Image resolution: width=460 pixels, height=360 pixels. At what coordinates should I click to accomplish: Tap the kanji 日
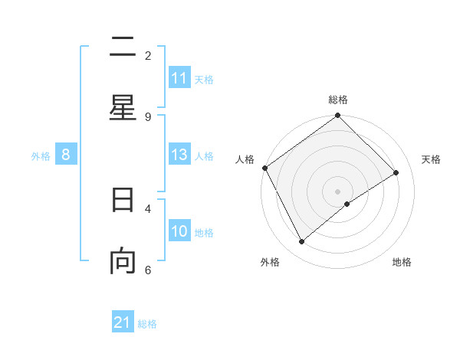pos(123,200)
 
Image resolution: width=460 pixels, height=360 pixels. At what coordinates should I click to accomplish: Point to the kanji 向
pos(123,261)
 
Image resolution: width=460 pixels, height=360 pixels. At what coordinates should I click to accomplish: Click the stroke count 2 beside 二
pos(148,55)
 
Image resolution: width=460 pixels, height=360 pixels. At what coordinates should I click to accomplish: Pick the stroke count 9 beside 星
pos(148,116)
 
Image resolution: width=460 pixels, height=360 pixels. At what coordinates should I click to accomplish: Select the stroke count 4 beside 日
pos(148,208)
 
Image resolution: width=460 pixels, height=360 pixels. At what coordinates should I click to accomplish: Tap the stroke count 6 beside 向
pos(148,270)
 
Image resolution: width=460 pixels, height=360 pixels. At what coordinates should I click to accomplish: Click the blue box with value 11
pos(179,78)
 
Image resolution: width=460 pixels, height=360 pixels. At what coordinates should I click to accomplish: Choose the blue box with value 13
pos(179,155)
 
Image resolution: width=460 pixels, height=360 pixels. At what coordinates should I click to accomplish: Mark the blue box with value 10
pos(179,231)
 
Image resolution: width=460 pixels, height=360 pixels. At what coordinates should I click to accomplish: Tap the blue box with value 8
pos(66,155)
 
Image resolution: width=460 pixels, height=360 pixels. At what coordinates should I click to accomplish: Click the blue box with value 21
pos(123,323)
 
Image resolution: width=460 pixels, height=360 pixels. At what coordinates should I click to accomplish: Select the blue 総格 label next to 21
pos(147,324)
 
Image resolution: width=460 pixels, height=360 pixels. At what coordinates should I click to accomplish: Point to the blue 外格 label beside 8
pos(41,156)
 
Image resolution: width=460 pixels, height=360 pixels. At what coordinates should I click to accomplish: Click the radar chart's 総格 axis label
pos(338,100)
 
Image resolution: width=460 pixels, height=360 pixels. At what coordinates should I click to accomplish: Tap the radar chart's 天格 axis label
pos(432,159)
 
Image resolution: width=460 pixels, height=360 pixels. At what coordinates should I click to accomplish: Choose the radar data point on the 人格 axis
pos(264,168)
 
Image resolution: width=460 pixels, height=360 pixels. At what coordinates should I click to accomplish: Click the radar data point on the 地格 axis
pos(347,204)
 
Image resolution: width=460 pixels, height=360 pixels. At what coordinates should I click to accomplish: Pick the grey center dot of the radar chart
pos(338,191)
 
